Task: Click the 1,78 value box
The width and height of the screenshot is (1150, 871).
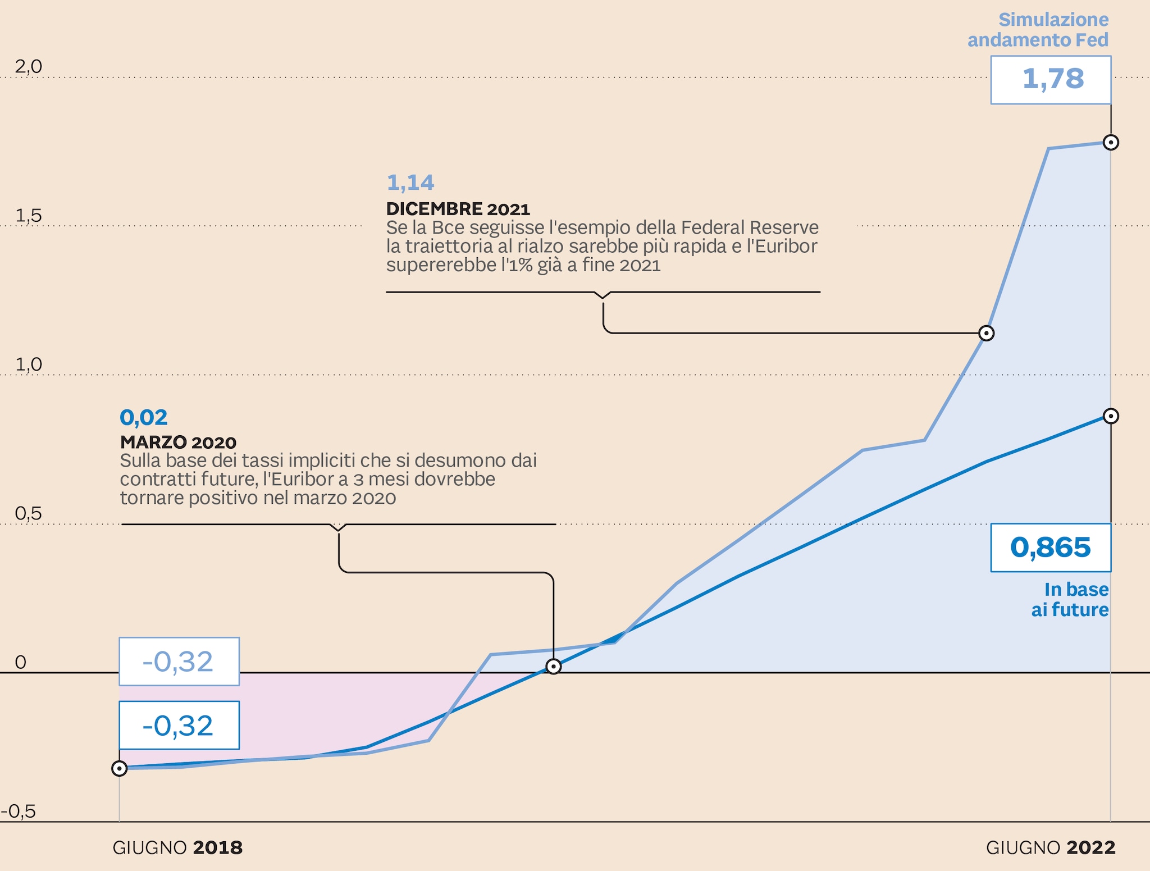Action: point(1051,80)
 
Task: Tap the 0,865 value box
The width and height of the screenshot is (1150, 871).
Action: point(1051,548)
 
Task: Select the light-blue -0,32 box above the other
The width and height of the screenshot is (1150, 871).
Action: point(179,662)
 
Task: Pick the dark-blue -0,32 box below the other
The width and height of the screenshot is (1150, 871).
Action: point(179,725)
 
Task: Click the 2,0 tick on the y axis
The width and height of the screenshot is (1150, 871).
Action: point(29,67)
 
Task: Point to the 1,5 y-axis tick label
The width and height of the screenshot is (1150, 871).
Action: point(29,216)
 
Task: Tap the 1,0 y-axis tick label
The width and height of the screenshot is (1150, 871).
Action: point(29,364)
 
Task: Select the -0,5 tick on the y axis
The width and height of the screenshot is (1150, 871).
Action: point(19,811)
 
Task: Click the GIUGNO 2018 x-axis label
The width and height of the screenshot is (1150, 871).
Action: point(177,847)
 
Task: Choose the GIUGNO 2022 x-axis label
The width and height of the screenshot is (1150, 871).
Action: point(1051,847)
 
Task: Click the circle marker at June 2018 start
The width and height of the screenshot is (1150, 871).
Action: point(119,768)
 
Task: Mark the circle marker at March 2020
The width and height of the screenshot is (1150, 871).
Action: point(554,667)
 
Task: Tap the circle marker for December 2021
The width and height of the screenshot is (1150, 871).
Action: point(986,333)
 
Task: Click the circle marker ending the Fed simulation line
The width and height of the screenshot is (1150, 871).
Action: point(1111,142)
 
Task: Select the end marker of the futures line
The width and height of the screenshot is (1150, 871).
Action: point(1111,416)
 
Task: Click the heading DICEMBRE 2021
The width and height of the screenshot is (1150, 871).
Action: point(458,209)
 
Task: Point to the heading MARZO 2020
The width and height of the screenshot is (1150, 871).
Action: point(178,443)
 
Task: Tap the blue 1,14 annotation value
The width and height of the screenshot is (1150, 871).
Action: point(410,183)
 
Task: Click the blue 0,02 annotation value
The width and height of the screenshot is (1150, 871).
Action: point(144,417)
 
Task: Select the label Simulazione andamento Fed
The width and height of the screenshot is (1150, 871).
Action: point(1038,30)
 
